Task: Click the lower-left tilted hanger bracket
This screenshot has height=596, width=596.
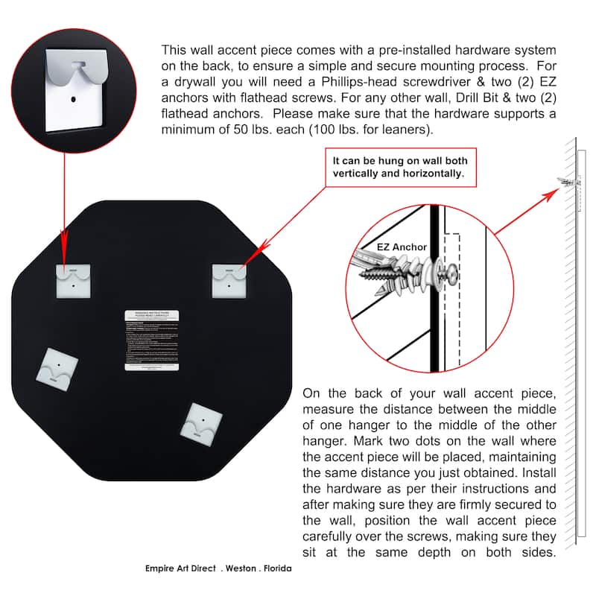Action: coord(59,367)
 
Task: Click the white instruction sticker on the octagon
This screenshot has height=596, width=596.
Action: coord(152,340)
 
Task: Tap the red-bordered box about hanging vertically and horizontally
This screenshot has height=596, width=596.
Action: coord(399,167)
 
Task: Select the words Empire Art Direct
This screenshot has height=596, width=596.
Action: coord(180,568)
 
